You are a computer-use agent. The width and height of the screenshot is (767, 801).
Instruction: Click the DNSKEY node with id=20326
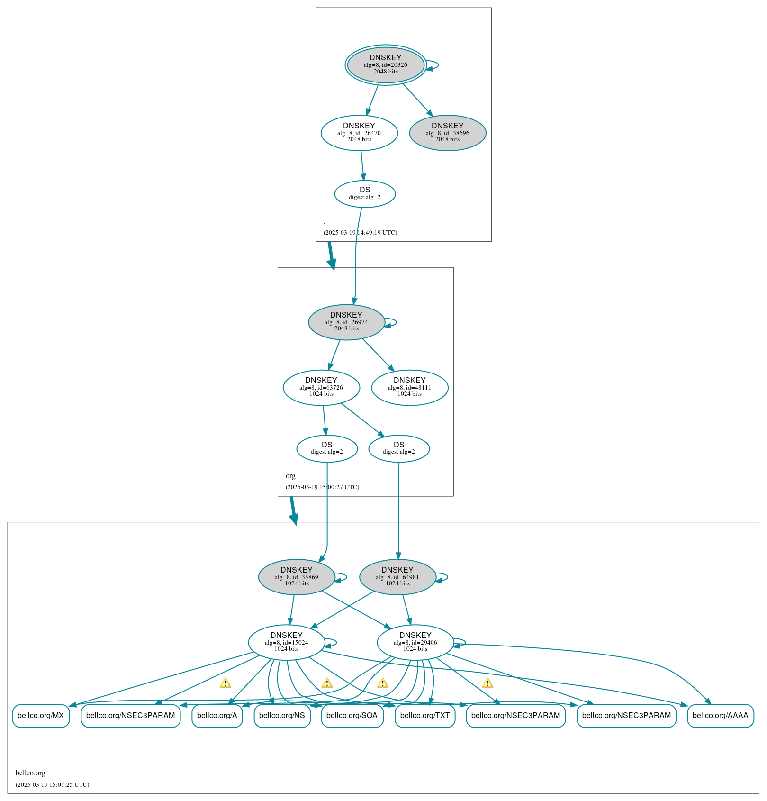coord(386,65)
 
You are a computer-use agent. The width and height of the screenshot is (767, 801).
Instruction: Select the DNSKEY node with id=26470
coord(359,133)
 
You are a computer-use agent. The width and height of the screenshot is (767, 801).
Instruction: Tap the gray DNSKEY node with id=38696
coord(448,133)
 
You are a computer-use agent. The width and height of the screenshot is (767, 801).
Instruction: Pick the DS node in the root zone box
coord(365,193)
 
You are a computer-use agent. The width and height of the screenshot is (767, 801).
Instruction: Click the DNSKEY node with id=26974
coord(346,322)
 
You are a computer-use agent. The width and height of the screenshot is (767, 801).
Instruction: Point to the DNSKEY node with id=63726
coord(321,387)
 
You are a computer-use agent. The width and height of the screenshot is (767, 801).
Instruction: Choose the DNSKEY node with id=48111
coord(410,387)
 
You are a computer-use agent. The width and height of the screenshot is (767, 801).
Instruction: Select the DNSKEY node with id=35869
coord(297,577)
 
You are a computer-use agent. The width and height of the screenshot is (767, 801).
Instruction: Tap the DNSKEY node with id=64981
coord(397,577)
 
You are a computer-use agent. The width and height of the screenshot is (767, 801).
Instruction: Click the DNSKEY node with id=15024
coord(287,642)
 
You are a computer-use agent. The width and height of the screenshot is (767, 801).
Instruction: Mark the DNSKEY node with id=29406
coord(415,642)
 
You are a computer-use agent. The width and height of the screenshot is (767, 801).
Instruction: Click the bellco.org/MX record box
coord(41,716)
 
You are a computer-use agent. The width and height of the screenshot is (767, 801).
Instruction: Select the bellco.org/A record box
coord(217,716)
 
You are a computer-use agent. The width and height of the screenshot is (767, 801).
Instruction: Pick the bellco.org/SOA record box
coord(352,716)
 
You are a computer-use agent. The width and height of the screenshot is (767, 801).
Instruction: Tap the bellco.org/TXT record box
coord(425,716)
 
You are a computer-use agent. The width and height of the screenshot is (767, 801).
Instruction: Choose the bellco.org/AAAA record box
coord(720,716)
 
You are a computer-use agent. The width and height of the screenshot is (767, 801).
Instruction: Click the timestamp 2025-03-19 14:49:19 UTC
coord(360,233)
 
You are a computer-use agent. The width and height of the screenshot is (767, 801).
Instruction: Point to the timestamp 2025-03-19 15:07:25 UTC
coord(52,785)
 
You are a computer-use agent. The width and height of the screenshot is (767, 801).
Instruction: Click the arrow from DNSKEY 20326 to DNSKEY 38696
coord(417,100)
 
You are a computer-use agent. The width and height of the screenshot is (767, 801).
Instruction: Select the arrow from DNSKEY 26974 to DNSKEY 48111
coord(378,355)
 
